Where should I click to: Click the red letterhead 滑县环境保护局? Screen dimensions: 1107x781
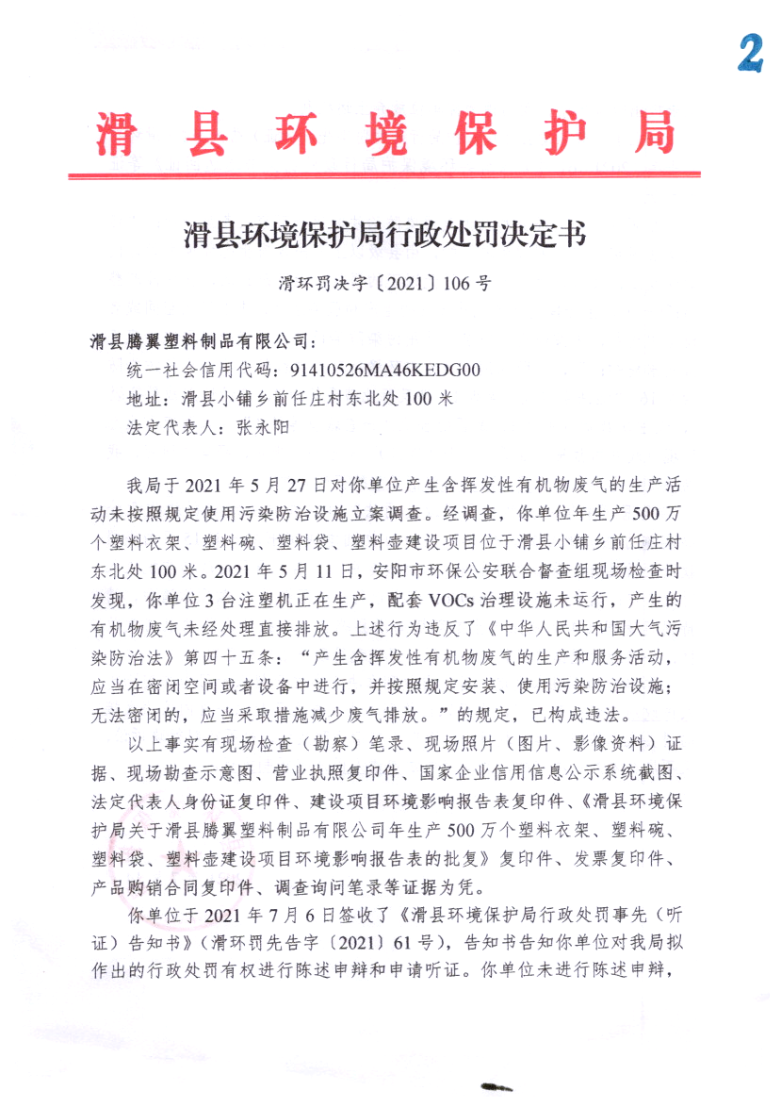click(384, 133)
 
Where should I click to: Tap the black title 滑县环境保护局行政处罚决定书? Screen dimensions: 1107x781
click(384, 233)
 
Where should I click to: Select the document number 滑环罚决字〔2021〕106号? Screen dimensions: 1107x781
click(384, 282)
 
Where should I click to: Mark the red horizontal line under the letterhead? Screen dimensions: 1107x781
click(384, 174)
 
